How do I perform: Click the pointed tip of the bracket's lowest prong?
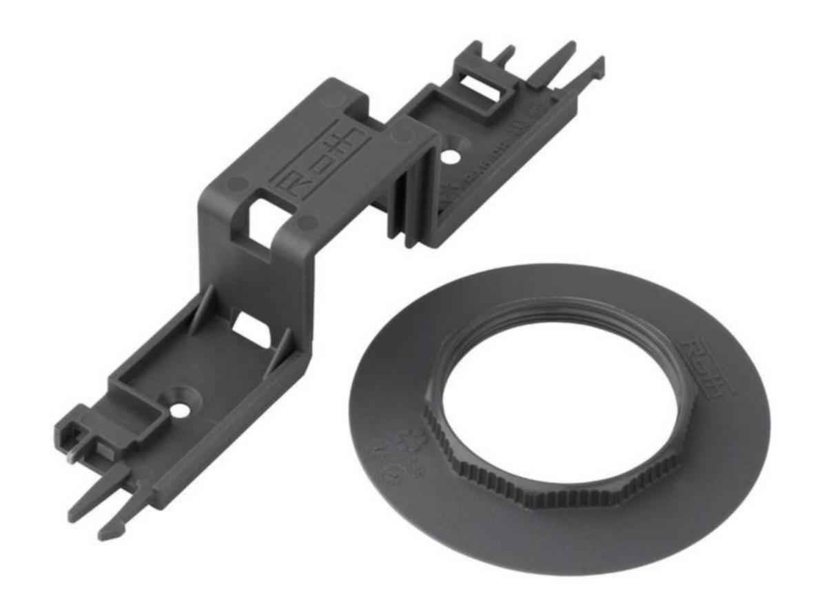click(x=103, y=534)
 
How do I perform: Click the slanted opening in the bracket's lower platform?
click(x=249, y=329)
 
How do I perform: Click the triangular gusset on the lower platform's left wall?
click(x=196, y=317)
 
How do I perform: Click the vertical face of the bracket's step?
click(x=255, y=275)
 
